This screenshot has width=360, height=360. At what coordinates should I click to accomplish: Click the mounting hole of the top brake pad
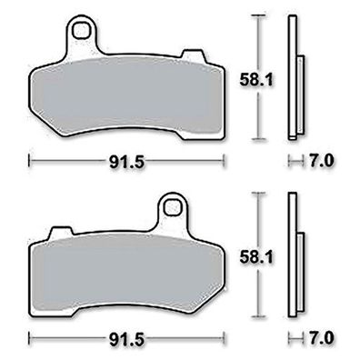81,31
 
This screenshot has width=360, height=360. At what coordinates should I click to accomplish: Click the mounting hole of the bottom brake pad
173,207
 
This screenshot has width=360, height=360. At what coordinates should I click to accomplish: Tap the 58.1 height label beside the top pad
256,80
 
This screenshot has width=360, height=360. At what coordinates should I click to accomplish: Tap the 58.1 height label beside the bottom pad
256,257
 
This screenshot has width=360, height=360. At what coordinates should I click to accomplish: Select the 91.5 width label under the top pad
126,164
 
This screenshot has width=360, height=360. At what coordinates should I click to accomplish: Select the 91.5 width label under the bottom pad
126,340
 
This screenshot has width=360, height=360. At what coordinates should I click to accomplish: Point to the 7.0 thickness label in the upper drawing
322,161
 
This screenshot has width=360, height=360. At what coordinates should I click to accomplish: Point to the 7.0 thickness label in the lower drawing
322,337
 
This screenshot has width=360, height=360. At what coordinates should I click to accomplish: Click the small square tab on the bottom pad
62,231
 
